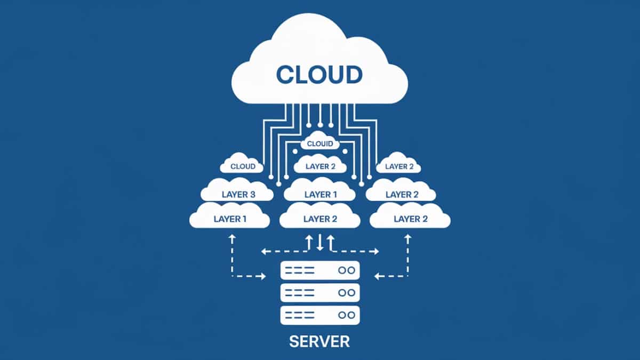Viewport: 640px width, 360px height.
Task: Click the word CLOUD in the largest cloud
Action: [x=319, y=75]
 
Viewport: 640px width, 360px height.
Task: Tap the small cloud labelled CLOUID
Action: [x=320, y=143]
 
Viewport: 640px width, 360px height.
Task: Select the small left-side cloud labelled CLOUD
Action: [x=243, y=166]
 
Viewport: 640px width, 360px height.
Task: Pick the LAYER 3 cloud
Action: [x=238, y=194]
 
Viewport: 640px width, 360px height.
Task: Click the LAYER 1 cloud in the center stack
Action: [x=321, y=194]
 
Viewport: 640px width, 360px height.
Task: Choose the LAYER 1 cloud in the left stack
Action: [x=230, y=218]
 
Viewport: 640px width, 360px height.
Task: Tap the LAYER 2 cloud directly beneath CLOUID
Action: [x=321, y=166]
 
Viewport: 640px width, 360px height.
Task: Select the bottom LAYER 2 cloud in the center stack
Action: [x=320, y=218]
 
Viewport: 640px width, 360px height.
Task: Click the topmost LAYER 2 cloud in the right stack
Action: [x=399, y=166]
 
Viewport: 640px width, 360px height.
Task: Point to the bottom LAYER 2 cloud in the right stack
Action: [x=410, y=218]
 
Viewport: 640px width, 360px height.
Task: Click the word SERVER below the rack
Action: [x=320, y=341]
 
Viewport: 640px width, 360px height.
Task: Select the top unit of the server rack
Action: [x=320, y=270]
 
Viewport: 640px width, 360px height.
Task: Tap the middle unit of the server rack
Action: [x=320, y=292]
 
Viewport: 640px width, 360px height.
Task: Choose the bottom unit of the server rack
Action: [x=320, y=315]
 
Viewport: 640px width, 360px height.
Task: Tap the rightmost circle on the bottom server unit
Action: [x=351, y=315]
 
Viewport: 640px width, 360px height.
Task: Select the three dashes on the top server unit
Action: [x=299, y=270]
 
